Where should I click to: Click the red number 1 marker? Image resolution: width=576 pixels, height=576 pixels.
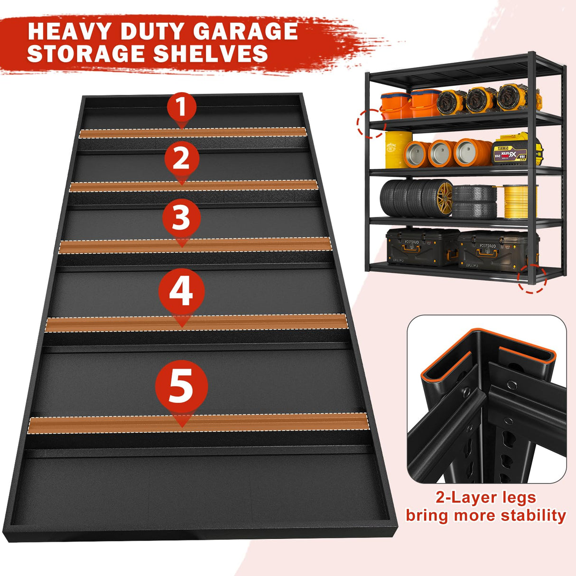182,108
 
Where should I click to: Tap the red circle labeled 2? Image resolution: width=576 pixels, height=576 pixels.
181,158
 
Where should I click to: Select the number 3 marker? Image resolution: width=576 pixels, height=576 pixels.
181,218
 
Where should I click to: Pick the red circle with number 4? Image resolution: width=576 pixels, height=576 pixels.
181,290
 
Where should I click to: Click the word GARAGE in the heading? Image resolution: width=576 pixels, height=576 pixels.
245,31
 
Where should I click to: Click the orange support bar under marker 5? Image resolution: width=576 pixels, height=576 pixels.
198,423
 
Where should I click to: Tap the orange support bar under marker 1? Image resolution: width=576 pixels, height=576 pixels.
191,132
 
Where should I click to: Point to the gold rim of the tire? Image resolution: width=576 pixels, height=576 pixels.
444,198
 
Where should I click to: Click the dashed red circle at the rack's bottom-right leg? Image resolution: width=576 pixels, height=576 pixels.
531,279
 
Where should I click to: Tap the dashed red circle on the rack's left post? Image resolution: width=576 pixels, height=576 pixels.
371,123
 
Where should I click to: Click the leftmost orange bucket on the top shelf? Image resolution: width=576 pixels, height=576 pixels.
395,105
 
